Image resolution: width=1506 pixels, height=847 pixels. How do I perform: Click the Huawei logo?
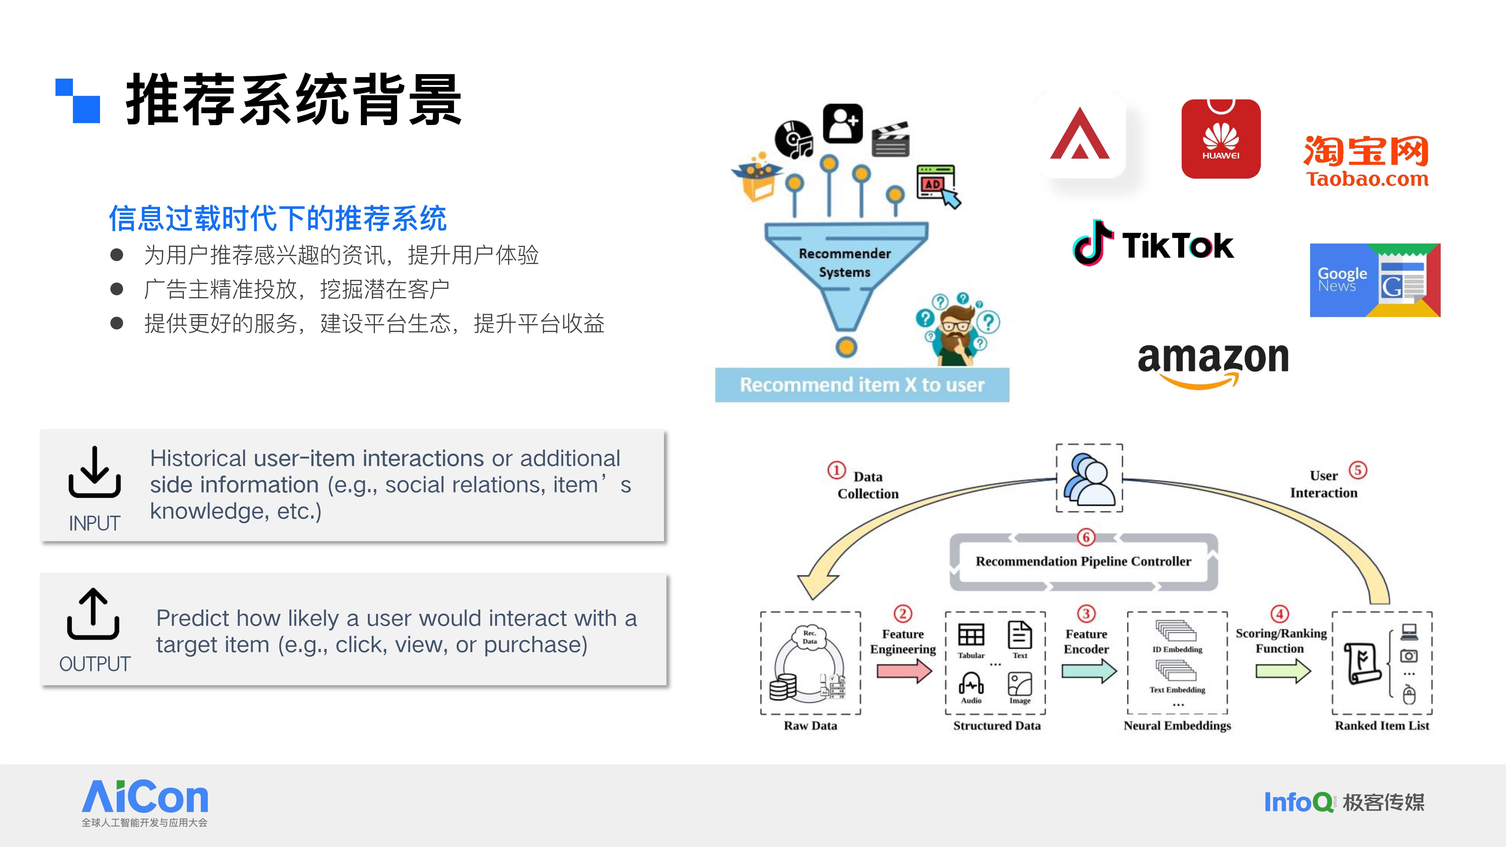coord(1221,139)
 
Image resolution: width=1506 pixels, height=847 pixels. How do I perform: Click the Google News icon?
coord(1374,280)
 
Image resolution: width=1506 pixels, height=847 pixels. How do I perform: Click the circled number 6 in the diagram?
coord(1086,537)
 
